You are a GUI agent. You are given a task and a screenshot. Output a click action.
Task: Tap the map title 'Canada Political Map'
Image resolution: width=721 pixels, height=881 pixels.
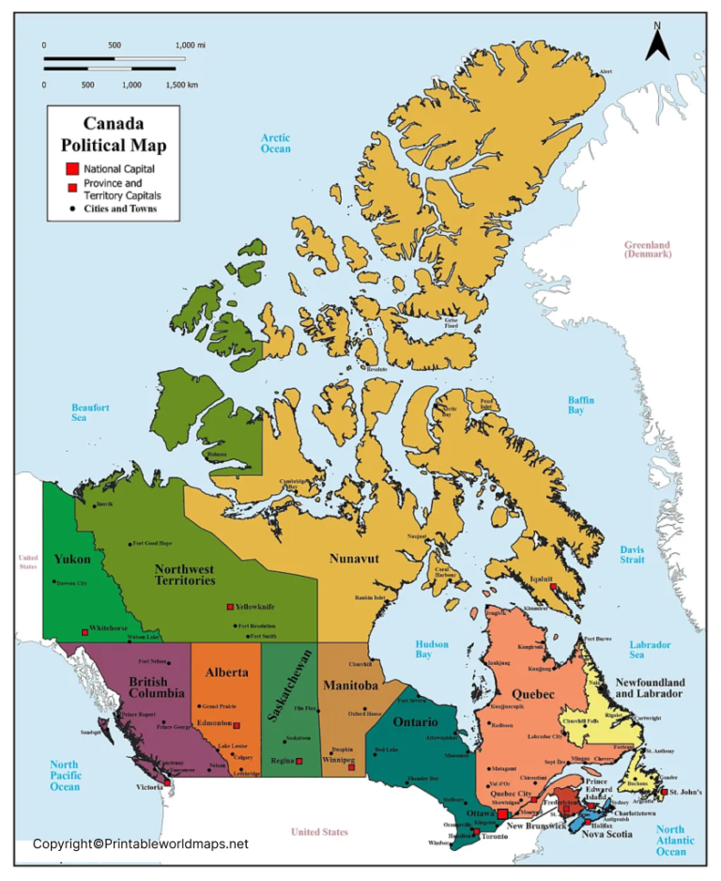coord(114,134)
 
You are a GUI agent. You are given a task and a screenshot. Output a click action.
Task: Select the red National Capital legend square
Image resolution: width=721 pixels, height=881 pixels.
coord(71,168)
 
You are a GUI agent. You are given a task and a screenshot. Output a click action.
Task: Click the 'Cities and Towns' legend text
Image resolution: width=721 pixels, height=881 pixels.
coord(119,209)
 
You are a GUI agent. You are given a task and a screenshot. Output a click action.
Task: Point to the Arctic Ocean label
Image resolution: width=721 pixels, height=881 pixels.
coord(276,143)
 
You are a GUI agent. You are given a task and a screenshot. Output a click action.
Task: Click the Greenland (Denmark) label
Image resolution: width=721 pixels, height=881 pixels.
coord(648,249)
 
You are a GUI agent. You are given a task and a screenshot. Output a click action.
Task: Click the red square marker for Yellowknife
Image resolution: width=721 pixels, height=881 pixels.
coord(230,608)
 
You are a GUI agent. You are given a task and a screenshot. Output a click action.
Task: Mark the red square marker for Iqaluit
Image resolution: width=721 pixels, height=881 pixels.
coord(554,587)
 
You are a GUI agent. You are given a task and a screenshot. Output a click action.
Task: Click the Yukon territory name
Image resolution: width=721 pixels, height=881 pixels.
coord(72,559)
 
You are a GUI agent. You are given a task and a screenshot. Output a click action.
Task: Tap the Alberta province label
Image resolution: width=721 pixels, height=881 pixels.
coord(227,672)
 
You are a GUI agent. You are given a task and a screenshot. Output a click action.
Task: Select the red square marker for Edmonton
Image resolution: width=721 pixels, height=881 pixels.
coord(237,725)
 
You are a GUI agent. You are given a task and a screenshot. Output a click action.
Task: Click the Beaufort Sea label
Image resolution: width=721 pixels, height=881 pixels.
coord(91,413)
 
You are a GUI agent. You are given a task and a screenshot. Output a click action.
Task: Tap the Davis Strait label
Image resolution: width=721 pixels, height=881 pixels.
coord(632,554)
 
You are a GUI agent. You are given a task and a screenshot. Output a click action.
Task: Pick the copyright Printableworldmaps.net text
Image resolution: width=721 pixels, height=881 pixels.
coord(141,843)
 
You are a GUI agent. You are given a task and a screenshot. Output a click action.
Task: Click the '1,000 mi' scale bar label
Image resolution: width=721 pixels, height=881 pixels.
coord(191,45)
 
